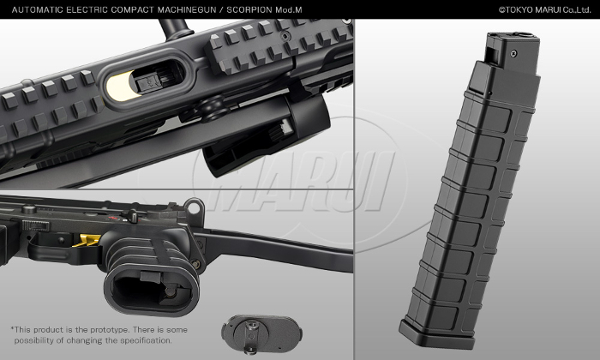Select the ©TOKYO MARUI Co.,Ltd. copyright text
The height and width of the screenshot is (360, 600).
[x=544, y=10]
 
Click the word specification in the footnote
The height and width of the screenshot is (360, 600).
[x=147, y=340]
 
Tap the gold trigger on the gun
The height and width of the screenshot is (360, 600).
[x=87, y=240]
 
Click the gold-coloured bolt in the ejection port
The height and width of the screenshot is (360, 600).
[x=119, y=87]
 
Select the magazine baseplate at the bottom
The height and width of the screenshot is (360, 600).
[x=437, y=334]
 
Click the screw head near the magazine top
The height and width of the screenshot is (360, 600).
[x=514, y=53]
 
